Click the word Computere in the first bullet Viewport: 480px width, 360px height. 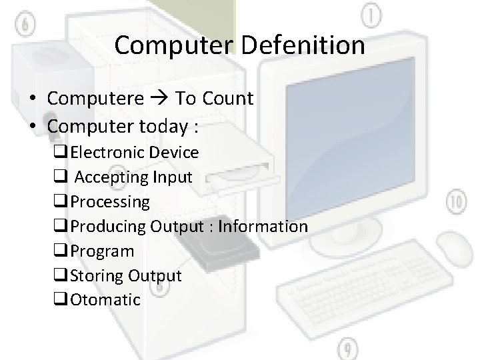click(95, 99)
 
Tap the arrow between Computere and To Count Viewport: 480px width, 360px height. click(159, 99)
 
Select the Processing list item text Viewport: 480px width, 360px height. click(110, 202)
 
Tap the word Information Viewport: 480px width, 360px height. click(263, 227)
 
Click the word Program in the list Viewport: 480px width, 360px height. click(102, 251)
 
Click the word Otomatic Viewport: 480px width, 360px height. click(105, 300)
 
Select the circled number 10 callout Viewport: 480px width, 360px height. click(457, 203)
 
